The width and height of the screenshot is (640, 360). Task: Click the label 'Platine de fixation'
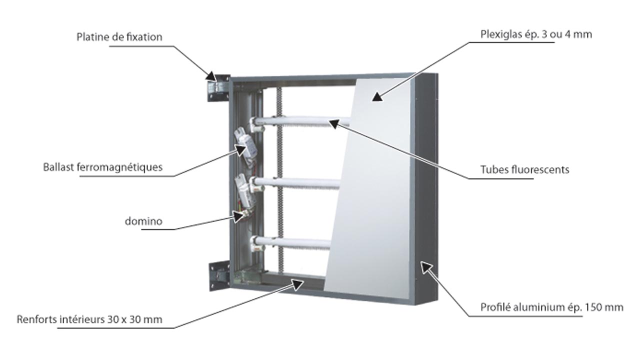tap(119, 37)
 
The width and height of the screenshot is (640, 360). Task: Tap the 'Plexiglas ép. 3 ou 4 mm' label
tap(536, 34)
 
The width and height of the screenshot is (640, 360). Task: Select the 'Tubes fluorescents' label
tap(524, 169)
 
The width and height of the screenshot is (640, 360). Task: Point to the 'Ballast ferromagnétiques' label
tap(103, 167)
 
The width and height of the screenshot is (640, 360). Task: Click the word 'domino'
tap(143, 221)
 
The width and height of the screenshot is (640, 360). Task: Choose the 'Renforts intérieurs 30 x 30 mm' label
tap(89, 319)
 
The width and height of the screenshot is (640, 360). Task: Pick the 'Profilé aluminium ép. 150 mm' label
tap(551, 307)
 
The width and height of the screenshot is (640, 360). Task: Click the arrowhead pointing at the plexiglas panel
tap(378, 95)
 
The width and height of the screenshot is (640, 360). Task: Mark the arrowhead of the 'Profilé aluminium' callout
tap(425, 267)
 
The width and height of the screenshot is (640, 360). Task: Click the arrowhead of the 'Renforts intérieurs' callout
tap(298, 284)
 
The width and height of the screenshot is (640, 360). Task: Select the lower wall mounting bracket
tap(218, 274)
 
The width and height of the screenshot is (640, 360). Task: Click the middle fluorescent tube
tap(300, 181)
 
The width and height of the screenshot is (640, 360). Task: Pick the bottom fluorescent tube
tap(295, 243)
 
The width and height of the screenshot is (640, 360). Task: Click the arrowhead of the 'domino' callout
tap(238, 215)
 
